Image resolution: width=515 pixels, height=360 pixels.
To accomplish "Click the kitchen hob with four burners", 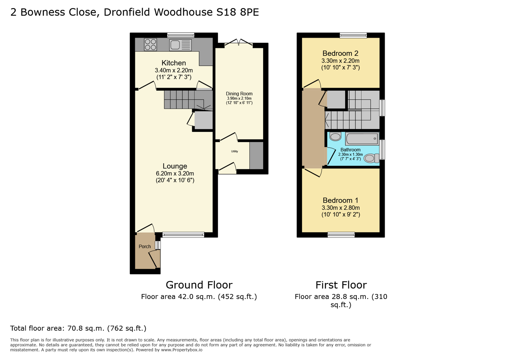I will tap(150, 45).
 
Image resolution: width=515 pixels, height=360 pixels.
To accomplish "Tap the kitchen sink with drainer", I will tap(180, 45).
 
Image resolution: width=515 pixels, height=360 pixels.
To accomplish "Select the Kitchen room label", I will tap(173, 63).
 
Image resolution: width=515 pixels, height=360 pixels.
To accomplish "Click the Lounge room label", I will tap(175, 166).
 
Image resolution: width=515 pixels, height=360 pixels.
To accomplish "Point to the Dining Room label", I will tap(239, 94).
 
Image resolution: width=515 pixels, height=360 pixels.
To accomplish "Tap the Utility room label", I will tap(234, 151).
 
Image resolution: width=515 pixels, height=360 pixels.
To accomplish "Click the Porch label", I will tap(144, 247).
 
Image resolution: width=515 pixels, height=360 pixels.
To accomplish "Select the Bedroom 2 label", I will tap(340, 53).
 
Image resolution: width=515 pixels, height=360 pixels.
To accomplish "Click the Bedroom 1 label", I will tap(340, 200).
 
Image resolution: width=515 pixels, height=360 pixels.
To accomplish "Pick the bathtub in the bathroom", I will tap(362, 139).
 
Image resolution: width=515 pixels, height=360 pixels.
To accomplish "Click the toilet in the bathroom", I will tap(371, 158).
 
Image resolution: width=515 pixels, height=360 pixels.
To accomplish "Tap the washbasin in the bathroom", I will tap(335, 137).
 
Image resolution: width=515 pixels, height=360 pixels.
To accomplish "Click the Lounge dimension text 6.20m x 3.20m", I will tap(175, 174).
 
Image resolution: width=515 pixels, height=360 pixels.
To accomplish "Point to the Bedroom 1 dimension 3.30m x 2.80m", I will tap(341, 208).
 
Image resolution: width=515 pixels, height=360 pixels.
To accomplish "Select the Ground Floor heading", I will tap(199, 285).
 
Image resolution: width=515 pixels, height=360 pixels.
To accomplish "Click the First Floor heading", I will tap(341, 285).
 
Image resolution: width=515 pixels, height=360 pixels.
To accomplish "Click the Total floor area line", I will tap(78, 328).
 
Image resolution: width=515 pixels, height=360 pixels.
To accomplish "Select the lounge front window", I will tap(183, 235).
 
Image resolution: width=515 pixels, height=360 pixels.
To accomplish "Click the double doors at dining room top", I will tap(239, 43).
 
